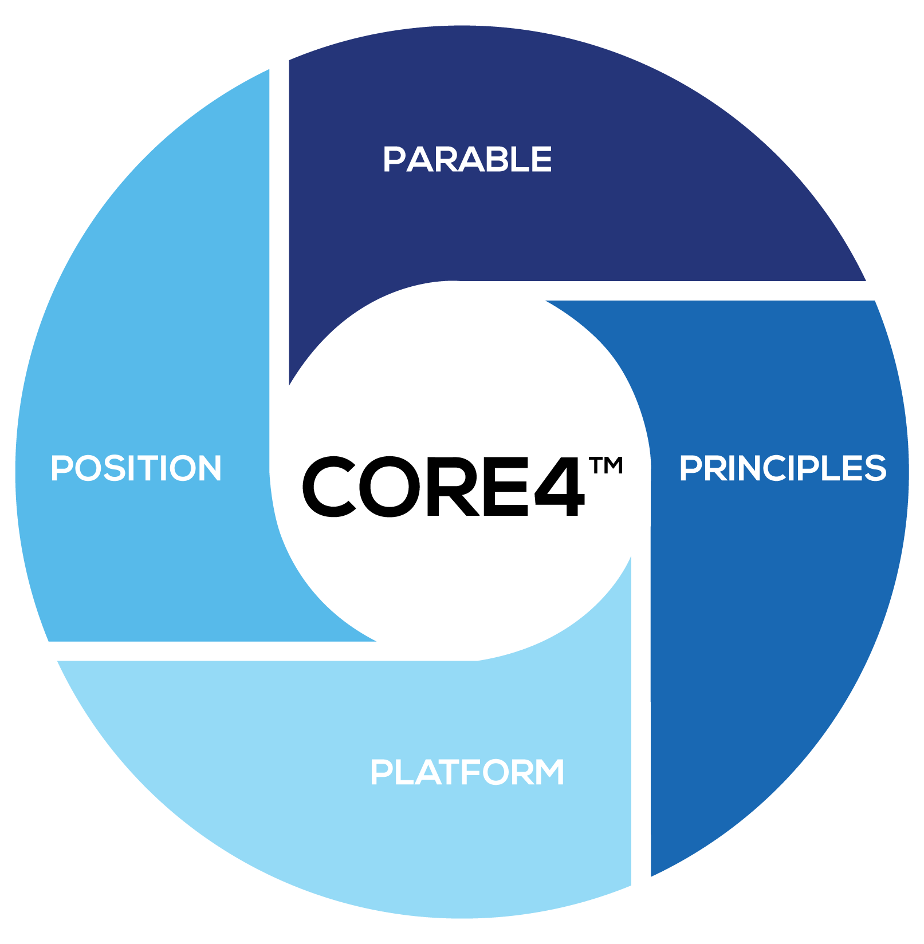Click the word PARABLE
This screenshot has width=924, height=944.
click(x=467, y=159)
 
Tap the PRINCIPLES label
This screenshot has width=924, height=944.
click(x=783, y=468)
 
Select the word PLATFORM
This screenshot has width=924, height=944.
click(x=467, y=772)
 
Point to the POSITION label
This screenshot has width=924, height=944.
click(x=136, y=468)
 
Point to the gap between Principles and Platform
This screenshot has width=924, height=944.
click(x=641, y=744)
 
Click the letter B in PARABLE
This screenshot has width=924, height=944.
click(x=501, y=159)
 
